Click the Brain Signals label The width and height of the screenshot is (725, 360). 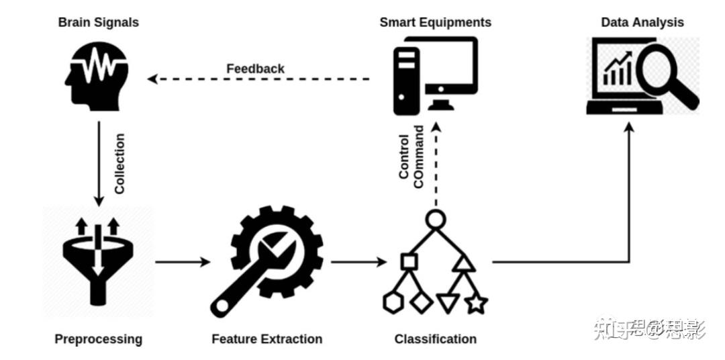click(99, 22)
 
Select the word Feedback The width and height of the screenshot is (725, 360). click(255, 69)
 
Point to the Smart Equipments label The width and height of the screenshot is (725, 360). click(435, 22)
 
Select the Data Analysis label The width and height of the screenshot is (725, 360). click(642, 22)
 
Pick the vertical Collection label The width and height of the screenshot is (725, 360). click(119, 164)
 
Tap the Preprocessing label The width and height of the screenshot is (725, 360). click(98, 339)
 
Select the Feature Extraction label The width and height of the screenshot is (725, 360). click(267, 339)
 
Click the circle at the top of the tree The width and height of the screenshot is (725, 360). click(435, 219)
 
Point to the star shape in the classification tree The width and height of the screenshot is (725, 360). click(476, 304)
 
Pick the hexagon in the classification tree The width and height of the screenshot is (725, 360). click(393, 303)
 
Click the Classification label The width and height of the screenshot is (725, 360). click(435, 339)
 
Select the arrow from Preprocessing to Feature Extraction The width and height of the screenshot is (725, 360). click(182, 261)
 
